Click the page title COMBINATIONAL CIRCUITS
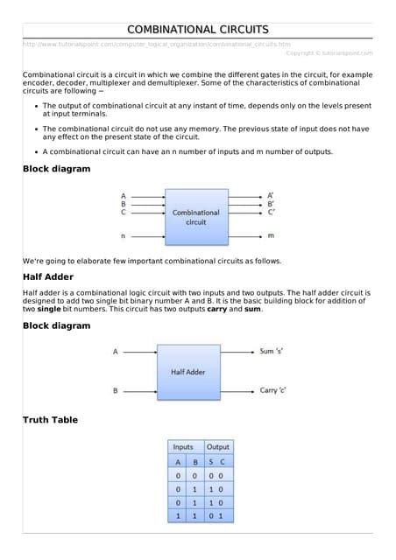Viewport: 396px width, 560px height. click(197, 30)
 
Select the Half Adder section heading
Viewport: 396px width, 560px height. click(47, 276)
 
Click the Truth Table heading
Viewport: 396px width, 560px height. click(50, 420)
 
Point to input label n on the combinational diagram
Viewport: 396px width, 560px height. click(123, 236)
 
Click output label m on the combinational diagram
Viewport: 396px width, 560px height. click(271, 236)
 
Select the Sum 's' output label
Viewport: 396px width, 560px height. click(272, 351)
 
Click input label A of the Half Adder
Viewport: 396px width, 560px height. click(115, 352)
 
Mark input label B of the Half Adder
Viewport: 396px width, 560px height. click(115, 391)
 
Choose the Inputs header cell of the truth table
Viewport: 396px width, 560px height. click(183, 446)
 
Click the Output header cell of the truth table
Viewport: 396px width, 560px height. click(217, 446)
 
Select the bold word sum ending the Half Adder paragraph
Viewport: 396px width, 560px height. click(252, 309)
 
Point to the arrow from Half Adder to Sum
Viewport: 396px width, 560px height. click(237, 351)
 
